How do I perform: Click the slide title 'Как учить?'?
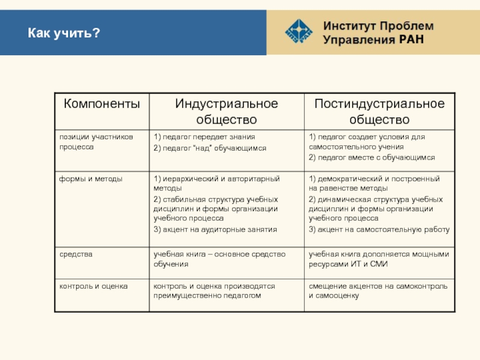point(62,33)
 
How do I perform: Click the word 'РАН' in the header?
point(411,40)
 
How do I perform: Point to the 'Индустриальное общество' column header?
point(226,111)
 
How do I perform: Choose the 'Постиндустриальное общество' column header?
point(379,111)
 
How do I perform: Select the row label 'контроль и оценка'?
point(93,286)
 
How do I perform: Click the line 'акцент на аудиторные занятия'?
point(215,229)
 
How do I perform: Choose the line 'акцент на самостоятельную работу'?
point(379,229)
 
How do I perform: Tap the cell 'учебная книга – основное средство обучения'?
point(219,259)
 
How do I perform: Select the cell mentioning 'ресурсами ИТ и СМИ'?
point(379,259)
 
